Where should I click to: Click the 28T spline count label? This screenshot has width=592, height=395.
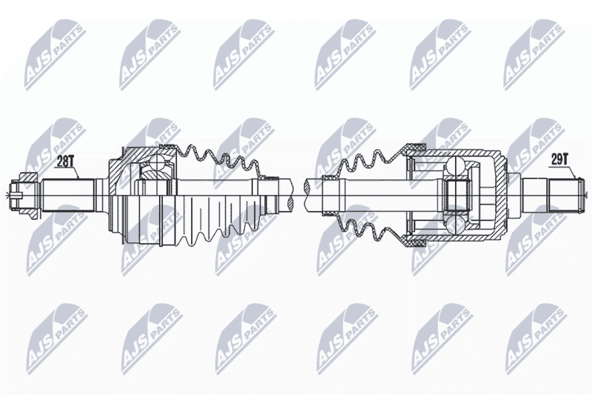pyautogui.click(x=64, y=162)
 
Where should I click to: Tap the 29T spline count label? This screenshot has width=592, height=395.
pyautogui.click(x=559, y=160)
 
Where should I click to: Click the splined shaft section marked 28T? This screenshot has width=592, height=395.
pyautogui.click(x=68, y=195)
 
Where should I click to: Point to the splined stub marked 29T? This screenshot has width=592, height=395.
pyautogui.click(x=562, y=195)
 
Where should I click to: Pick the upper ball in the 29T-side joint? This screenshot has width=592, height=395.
pyautogui.click(x=455, y=165)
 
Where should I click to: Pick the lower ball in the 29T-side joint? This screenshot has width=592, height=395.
pyautogui.click(x=455, y=224)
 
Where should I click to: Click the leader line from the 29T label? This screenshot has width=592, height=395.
pyautogui.click(x=569, y=172)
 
